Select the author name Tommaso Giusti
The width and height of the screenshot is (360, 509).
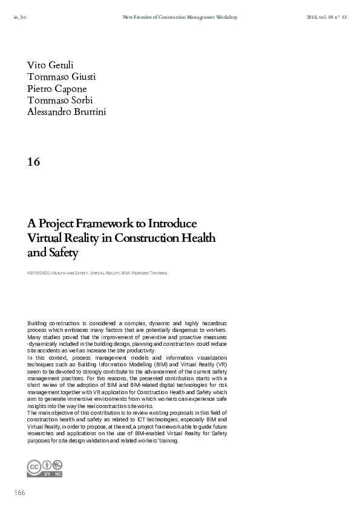[x=61, y=76]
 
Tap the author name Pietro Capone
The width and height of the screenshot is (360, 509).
[x=57, y=88]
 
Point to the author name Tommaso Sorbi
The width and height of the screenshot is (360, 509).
[x=60, y=100]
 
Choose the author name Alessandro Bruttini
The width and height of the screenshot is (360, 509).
[x=67, y=111]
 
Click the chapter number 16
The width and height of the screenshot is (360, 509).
[x=34, y=161]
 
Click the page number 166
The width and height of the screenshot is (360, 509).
[x=19, y=493]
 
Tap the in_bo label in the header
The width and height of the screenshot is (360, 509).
[x=19, y=18]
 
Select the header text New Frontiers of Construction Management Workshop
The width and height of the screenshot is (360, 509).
[x=180, y=18]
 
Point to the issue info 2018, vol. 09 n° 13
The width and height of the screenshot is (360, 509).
[x=327, y=18]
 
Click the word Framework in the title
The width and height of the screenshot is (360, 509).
[x=105, y=224]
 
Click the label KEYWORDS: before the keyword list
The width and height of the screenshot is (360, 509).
[x=38, y=273]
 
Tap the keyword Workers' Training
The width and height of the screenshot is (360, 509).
[x=151, y=273]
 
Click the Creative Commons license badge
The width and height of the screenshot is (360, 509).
[x=45, y=468]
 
